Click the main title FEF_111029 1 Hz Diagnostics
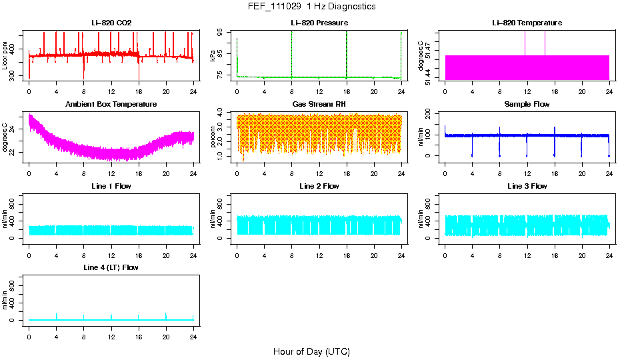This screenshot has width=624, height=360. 311,7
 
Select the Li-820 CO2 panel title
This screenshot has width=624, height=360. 111,23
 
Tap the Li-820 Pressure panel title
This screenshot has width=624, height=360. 319,23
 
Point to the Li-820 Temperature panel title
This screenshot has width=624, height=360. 527,23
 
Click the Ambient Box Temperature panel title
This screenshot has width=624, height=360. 111,105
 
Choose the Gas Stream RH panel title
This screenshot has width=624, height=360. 319,105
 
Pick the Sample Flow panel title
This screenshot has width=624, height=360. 527,105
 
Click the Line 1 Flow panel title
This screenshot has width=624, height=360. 111,186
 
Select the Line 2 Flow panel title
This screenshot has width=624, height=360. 319,186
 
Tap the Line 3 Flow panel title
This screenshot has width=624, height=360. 527,186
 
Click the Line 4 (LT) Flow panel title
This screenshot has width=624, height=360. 111,267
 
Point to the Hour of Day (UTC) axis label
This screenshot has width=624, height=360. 311,351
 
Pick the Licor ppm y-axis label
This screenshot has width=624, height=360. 5,56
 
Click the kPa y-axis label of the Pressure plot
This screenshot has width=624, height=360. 213,56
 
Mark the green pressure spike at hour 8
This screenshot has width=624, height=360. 291,53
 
